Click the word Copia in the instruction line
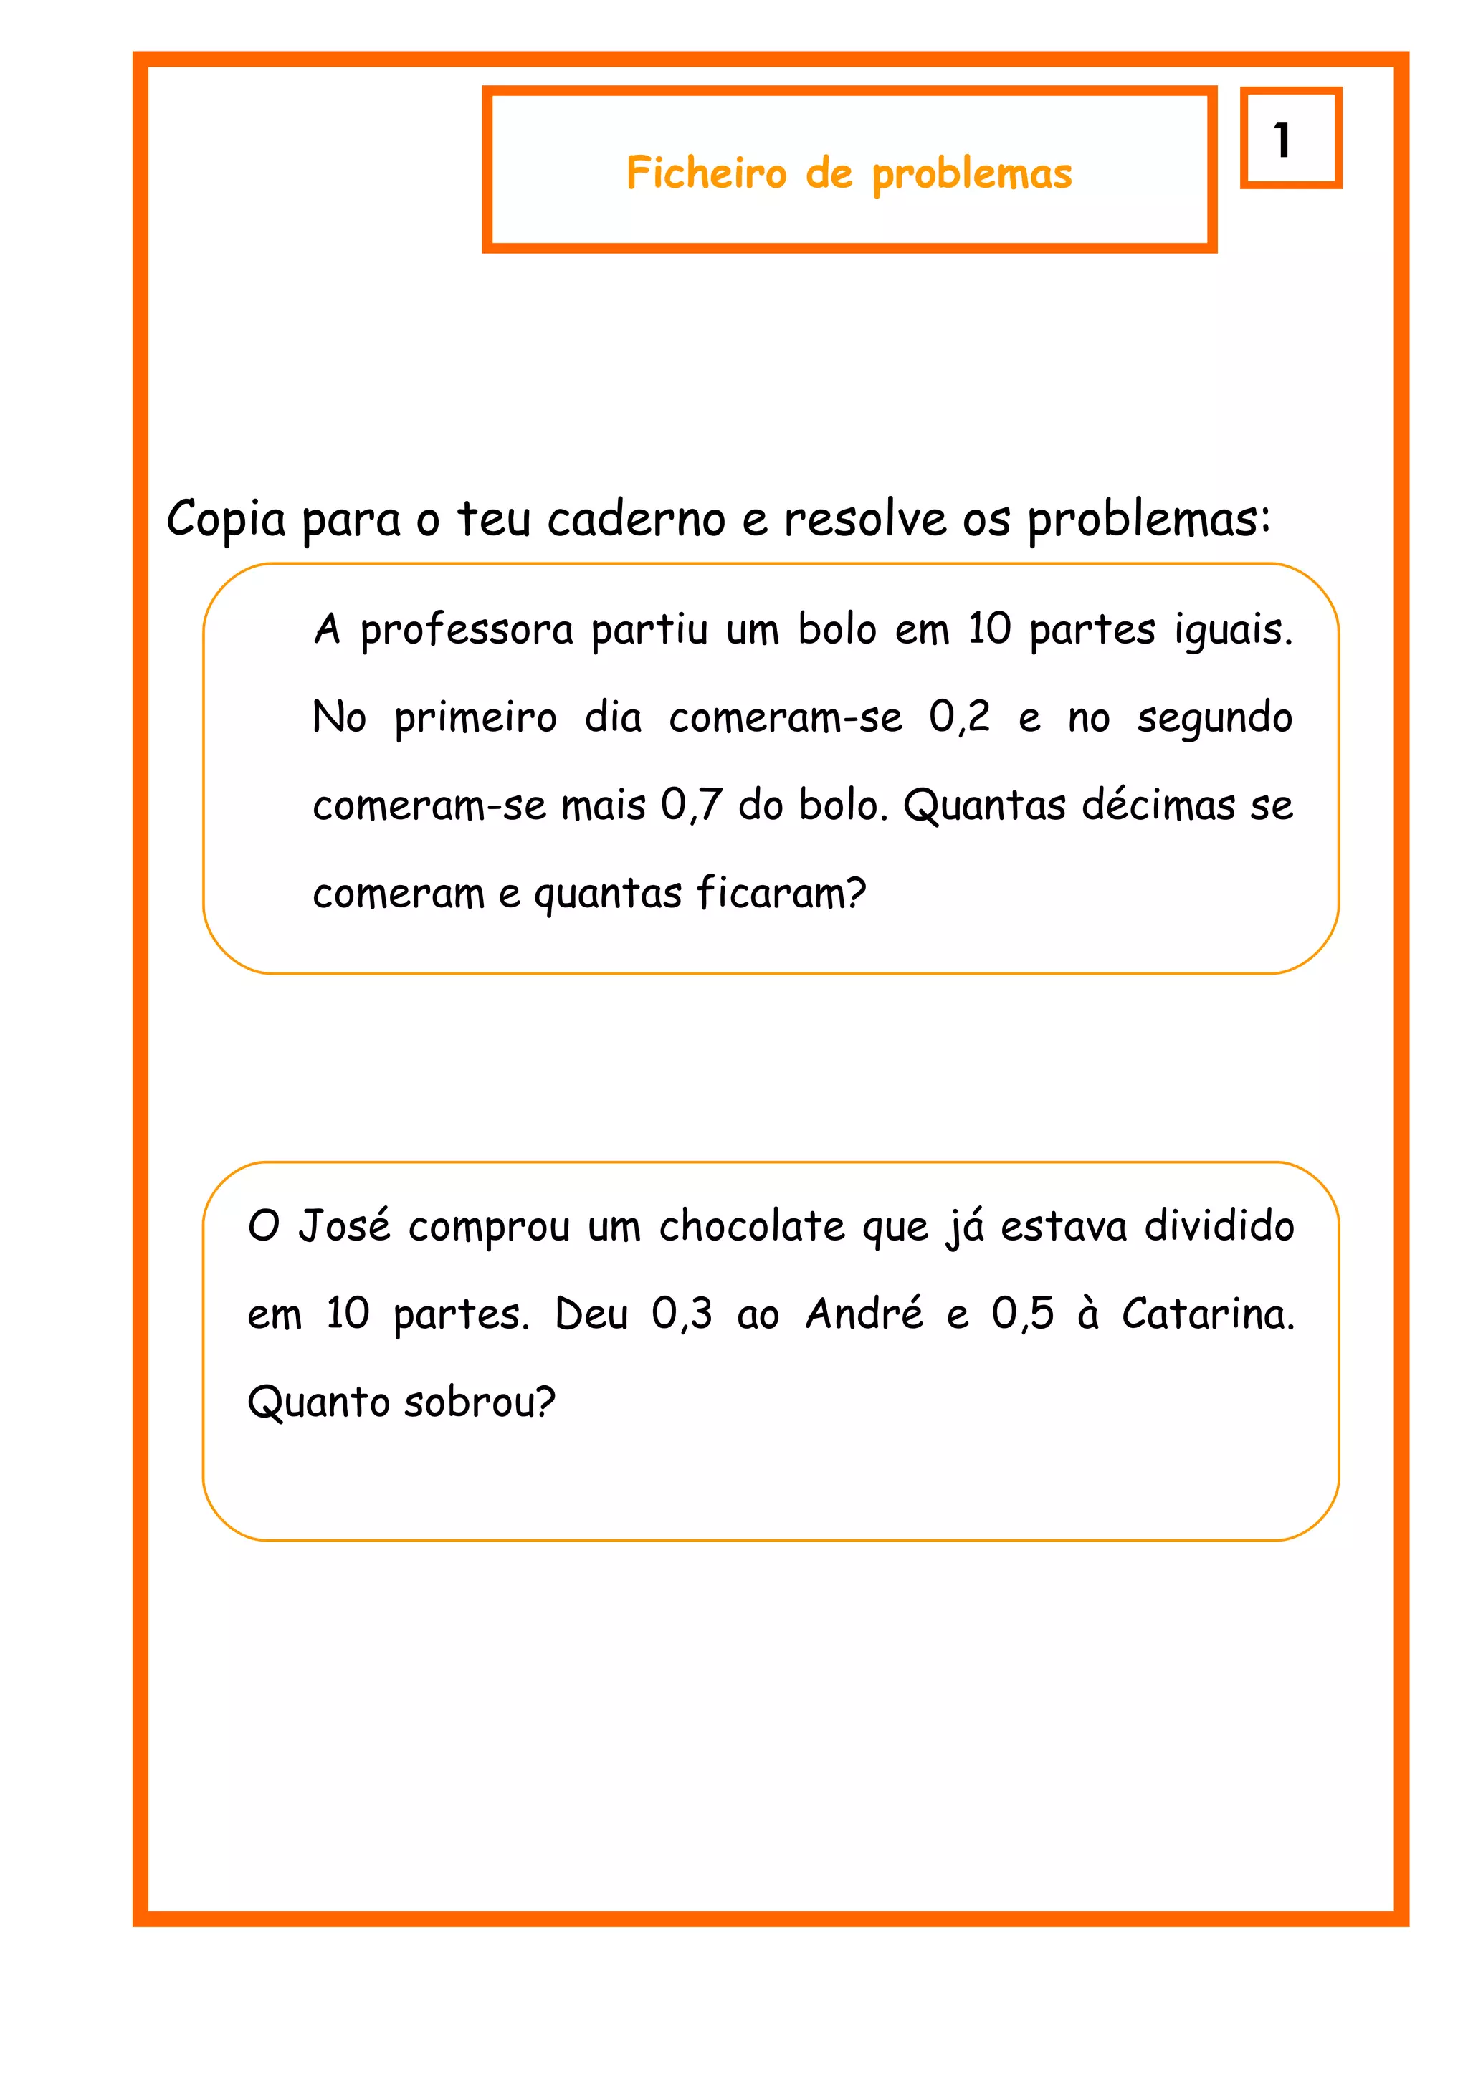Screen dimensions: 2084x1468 [225, 519]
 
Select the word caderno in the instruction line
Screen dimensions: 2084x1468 [636, 519]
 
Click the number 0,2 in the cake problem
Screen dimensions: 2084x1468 [958, 718]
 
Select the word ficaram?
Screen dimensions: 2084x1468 [781, 893]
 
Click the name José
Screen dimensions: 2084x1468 [344, 1226]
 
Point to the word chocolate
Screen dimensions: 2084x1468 [752, 1226]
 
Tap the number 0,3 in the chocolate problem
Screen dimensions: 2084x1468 [681, 1314]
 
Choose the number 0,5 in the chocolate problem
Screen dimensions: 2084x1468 [1022, 1314]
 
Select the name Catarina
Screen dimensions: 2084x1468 [1208, 1314]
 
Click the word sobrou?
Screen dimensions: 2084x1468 [480, 1402]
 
